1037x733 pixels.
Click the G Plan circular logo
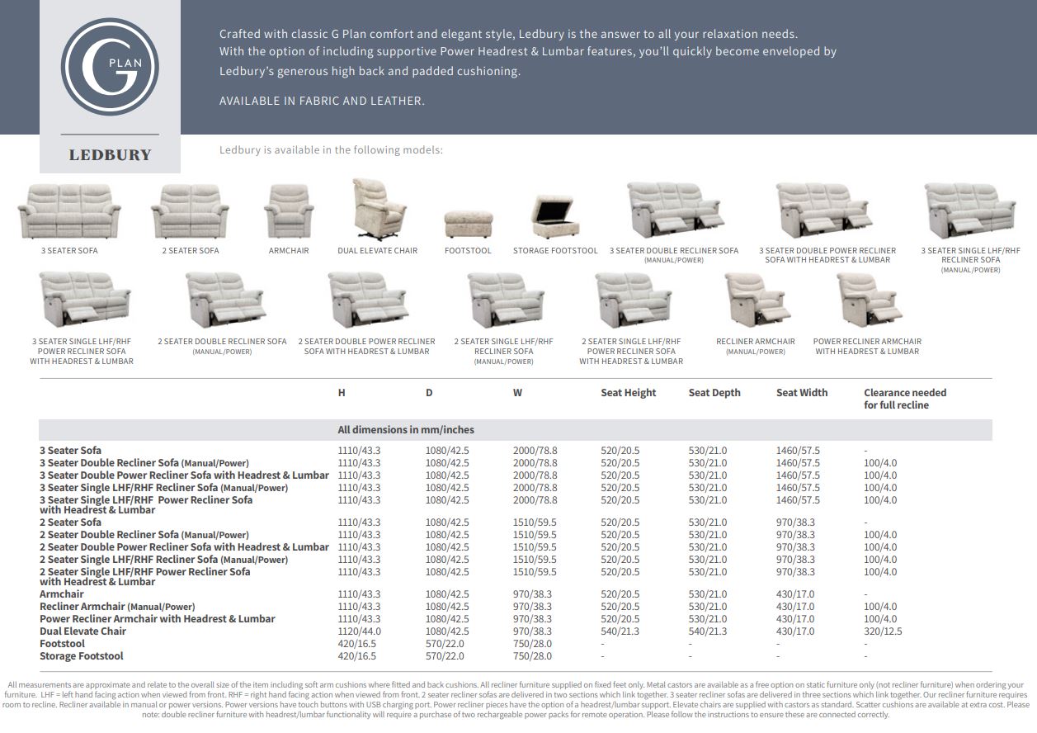click(110, 67)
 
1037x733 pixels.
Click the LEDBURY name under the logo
click(110, 155)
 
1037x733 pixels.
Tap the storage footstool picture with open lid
click(554, 218)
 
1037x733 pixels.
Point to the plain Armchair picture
click(289, 211)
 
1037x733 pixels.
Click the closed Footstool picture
click(468, 224)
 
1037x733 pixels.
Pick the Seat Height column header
click(628, 393)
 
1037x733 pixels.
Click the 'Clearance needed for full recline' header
click(905, 399)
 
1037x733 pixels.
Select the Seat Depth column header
click(714, 393)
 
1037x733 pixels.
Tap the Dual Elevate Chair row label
click(82, 631)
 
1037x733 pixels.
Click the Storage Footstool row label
click(81, 656)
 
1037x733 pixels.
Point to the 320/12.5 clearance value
click(883, 631)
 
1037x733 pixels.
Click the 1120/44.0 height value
click(359, 631)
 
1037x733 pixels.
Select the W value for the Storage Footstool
click(532, 656)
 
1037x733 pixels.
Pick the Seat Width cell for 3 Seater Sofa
click(798, 451)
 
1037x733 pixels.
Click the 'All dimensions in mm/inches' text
click(406, 430)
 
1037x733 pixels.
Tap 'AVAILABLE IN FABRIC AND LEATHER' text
click(322, 101)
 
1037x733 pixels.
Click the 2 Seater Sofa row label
click(70, 523)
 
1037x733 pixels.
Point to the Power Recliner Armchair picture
click(869, 300)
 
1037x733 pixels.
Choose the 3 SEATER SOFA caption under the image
click(69, 251)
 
